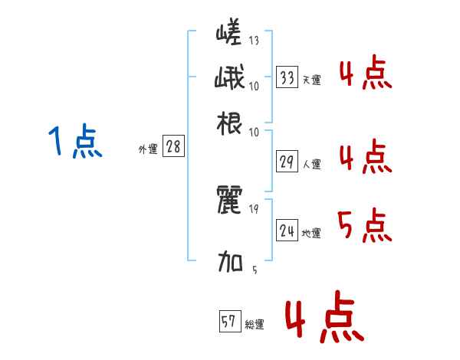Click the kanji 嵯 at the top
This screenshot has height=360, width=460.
(x=229, y=34)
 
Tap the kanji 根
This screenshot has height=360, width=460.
(x=229, y=122)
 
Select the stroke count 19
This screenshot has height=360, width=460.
(x=254, y=209)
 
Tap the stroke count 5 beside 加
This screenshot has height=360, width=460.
(x=254, y=269)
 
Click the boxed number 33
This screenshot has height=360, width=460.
(x=287, y=77)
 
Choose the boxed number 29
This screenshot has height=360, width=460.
(x=287, y=162)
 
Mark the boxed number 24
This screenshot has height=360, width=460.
(x=287, y=231)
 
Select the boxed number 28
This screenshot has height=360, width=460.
(x=173, y=147)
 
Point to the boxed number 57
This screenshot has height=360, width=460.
(x=229, y=322)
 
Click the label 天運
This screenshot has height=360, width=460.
(x=311, y=80)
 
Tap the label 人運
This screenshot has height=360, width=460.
(x=311, y=164)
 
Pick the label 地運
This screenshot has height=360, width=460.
(x=311, y=234)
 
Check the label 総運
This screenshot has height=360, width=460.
(x=254, y=326)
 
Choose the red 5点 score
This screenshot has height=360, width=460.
(x=364, y=226)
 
